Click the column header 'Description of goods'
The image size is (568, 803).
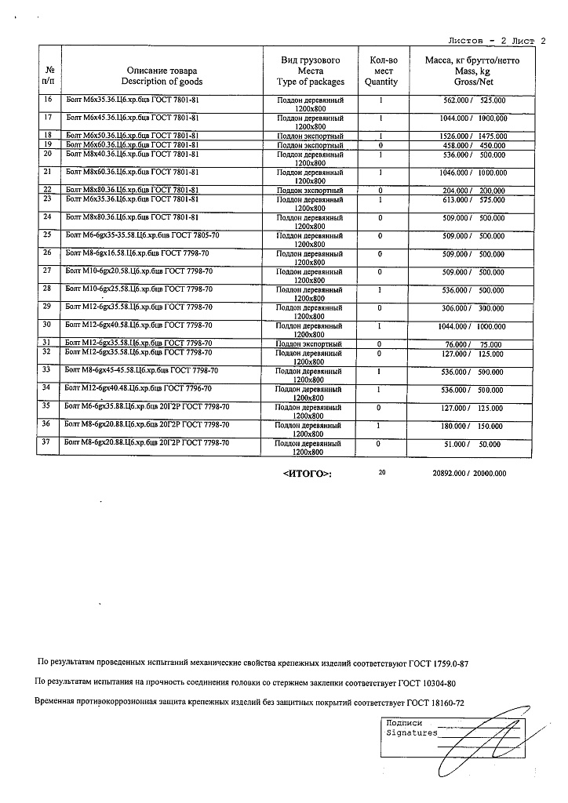tap(162, 82)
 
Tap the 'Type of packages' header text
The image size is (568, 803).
tap(310, 82)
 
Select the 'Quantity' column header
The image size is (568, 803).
tap(381, 82)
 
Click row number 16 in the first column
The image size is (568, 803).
tap(49, 100)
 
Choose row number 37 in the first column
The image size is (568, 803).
tap(49, 443)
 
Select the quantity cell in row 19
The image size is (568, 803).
tap(380, 144)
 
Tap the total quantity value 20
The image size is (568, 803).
tap(382, 473)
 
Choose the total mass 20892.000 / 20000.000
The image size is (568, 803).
tap(469, 474)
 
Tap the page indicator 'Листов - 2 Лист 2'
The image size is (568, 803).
tap(495, 39)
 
